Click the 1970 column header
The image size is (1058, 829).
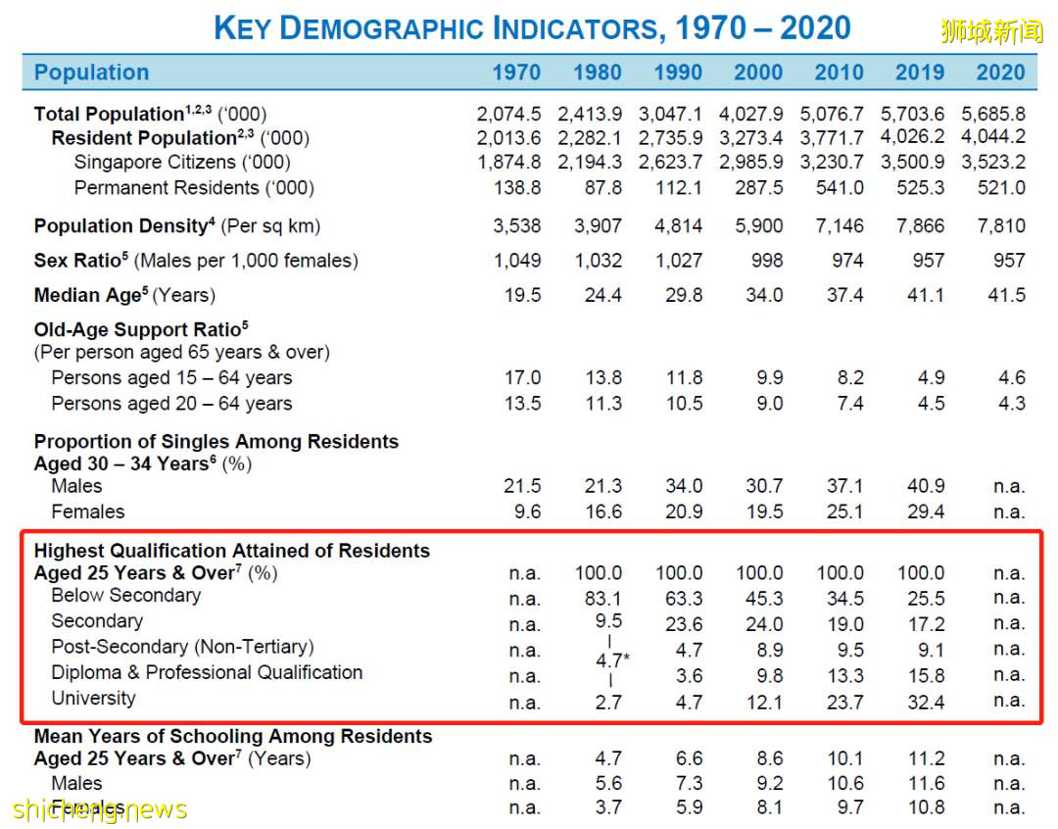point(516,73)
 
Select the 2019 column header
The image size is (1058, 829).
point(920,73)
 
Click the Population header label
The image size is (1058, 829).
point(91,73)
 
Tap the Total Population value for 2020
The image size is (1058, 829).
point(993,114)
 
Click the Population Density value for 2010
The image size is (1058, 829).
point(840,226)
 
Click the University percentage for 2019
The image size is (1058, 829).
point(926,702)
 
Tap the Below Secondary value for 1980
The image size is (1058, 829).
point(602,598)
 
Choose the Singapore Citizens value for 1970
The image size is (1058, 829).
point(509,162)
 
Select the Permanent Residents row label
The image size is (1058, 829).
point(194,187)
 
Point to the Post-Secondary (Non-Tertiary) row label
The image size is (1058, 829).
point(182,647)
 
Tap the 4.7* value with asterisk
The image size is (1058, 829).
point(612,660)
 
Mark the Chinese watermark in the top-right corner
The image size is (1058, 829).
point(992,31)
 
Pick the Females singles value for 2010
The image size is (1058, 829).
point(844,512)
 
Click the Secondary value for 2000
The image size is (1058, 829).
point(764,624)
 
